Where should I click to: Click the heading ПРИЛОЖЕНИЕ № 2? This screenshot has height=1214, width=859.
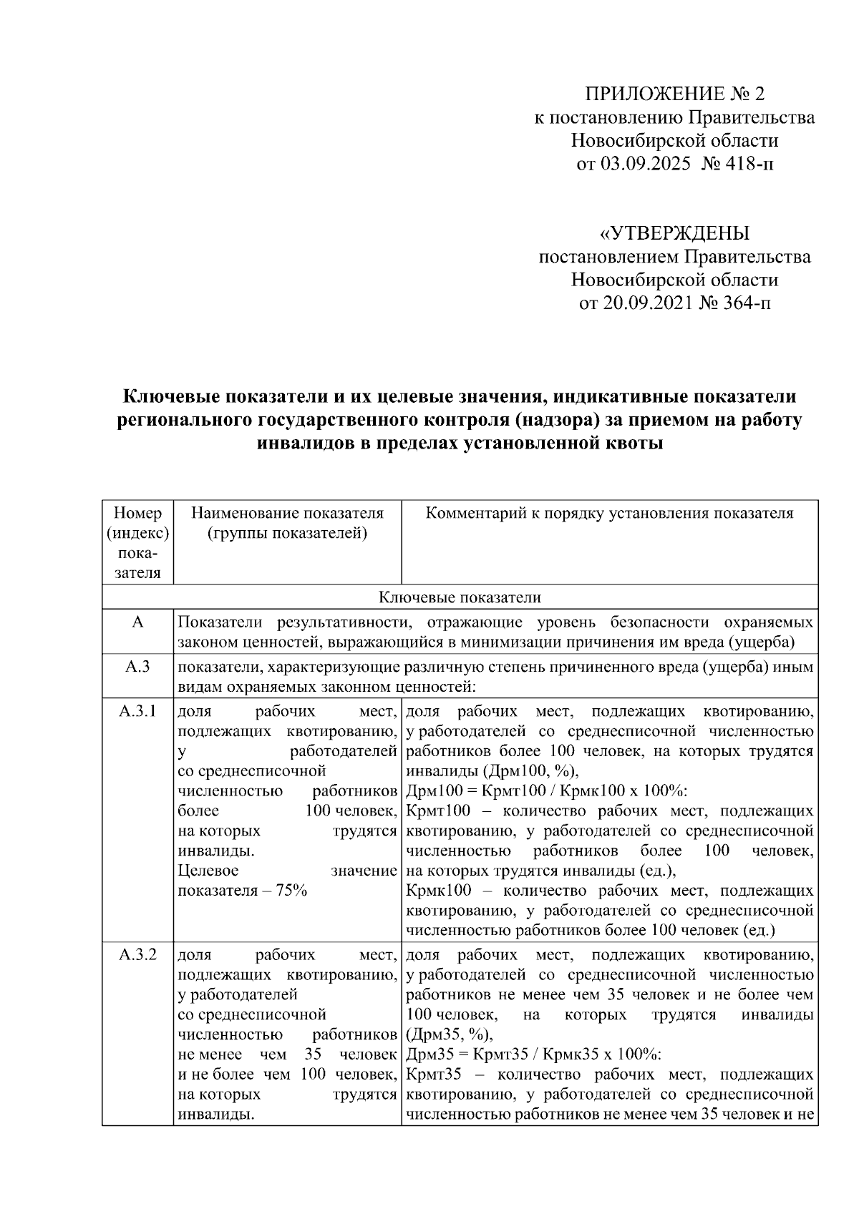(675, 94)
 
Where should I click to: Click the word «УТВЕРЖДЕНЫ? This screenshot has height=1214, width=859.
(674, 233)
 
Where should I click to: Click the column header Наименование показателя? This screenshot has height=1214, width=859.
(287, 513)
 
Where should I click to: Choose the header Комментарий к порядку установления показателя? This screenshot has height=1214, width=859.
(609, 513)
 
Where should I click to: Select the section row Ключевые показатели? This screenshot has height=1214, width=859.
(460, 597)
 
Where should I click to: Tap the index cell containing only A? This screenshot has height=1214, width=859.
(137, 622)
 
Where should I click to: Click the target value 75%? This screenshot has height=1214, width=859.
(293, 891)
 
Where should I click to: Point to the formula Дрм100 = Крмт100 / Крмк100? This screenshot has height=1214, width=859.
(528, 791)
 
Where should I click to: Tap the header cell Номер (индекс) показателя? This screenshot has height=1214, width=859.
(137, 542)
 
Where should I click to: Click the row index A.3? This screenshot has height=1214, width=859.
(137, 667)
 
